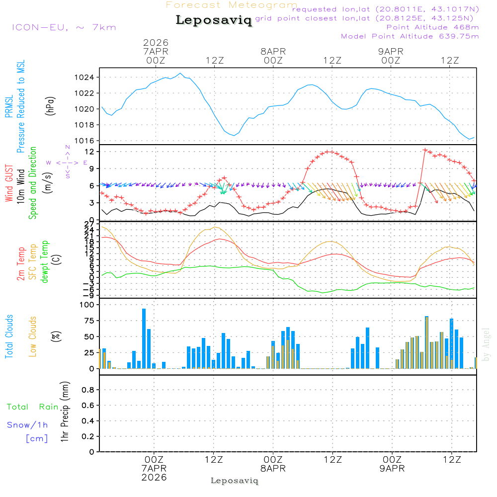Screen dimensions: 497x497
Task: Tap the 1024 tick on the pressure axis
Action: coord(87,78)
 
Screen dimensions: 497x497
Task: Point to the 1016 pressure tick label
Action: coord(87,141)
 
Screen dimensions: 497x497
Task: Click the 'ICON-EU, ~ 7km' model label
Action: coord(64,27)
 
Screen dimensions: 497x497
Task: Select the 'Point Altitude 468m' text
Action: coord(432,27)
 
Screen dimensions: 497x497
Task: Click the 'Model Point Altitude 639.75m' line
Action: coord(410,36)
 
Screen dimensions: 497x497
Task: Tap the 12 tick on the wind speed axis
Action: coord(91,151)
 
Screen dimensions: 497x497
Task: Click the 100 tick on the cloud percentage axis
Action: coord(87,305)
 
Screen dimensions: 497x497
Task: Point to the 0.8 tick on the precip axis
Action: coord(88,390)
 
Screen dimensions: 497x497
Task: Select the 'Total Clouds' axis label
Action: coord(9,336)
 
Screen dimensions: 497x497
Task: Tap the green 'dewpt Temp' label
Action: coord(45,262)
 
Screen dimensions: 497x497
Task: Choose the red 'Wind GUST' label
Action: coord(9,184)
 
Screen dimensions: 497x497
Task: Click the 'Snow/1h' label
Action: coord(28,425)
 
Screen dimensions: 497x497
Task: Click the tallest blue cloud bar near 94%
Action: coord(144,338)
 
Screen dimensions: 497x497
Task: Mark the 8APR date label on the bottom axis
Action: coord(273,468)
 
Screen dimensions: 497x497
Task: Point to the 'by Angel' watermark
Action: coord(486,345)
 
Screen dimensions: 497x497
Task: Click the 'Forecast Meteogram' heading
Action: coord(232,5)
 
